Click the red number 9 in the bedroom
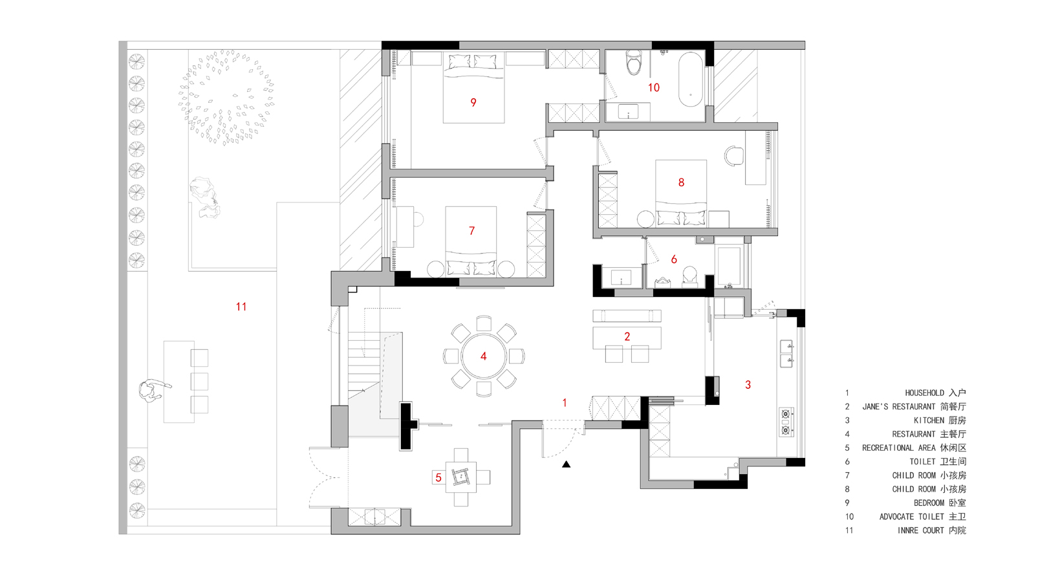[x=473, y=102]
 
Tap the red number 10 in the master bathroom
[x=653, y=87]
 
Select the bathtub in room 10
[x=691, y=80]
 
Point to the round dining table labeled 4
[x=483, y=356]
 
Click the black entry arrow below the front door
[x=567, y=464]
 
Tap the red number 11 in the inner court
[x=241, y=307]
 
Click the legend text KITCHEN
[x=929, y=420]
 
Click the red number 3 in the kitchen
[x=748, y=384]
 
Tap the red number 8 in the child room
[x=681, y=182]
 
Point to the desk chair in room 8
[x=734, y=155]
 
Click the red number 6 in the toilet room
[x=674, y=259]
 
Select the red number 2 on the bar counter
[x=627, y=336]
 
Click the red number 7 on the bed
[x=471, y=230]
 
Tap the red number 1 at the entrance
[x=565, y=403]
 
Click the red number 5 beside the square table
[x=438, y=477]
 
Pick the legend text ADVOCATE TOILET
[x=911, y=516]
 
